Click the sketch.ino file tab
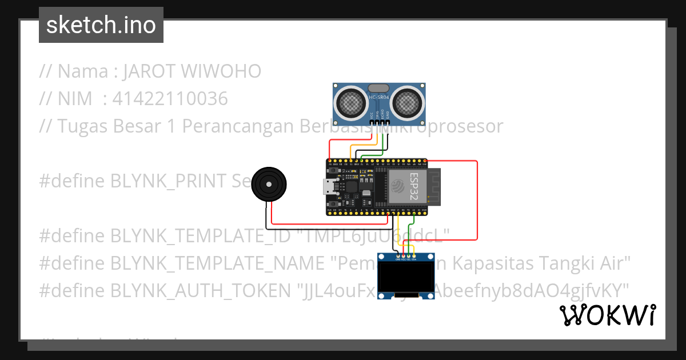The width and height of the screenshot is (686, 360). click(x=101, y=25)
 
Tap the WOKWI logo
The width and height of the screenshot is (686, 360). click(x=607, y=315)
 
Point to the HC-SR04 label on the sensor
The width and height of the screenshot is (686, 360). click(x=379, y=98)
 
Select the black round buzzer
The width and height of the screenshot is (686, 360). click(x=269, y=185)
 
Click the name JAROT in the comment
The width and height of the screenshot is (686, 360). click(x=149, y=71)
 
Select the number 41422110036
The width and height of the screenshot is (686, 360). click(x=170, y=99)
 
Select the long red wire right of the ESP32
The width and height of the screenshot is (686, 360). click(x=477, y=200)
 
